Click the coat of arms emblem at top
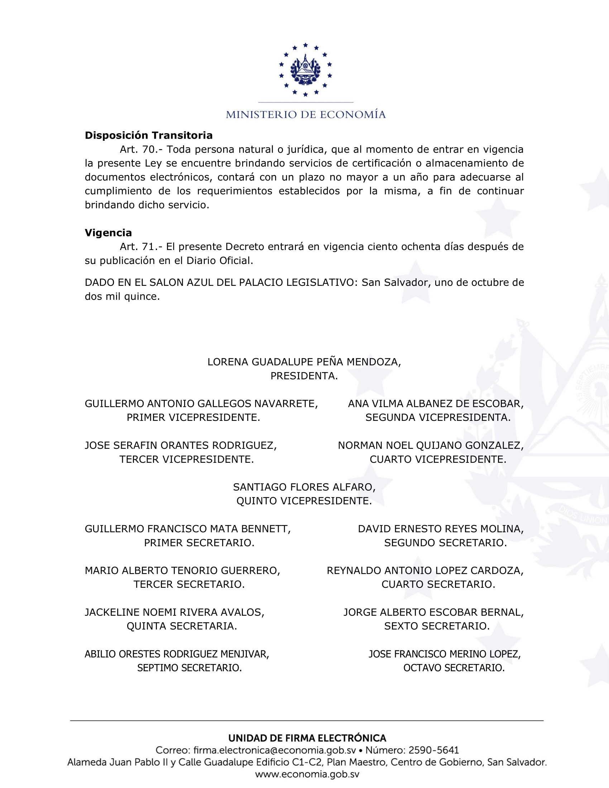(305, 69)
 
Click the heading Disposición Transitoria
(149, 135)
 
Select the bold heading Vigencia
(108, 233)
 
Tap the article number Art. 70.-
(142, 149)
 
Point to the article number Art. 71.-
(142, 247)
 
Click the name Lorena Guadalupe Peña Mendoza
(304, 362)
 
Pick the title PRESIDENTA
(304, 376)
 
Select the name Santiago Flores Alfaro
(304, 487)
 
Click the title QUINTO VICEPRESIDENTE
(304, 501)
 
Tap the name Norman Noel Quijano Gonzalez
(430, 446)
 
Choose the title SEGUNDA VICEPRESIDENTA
(438, 417)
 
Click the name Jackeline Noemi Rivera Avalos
(174, 612)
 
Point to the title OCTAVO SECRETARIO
(454, 668)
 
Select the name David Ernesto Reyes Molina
(441, 529)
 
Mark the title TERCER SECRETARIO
(189, 584)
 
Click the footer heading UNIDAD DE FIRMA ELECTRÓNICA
(307, 738)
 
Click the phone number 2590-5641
(434, 750)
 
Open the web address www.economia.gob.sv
(307, 774)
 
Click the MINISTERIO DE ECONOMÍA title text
(306, 115)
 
